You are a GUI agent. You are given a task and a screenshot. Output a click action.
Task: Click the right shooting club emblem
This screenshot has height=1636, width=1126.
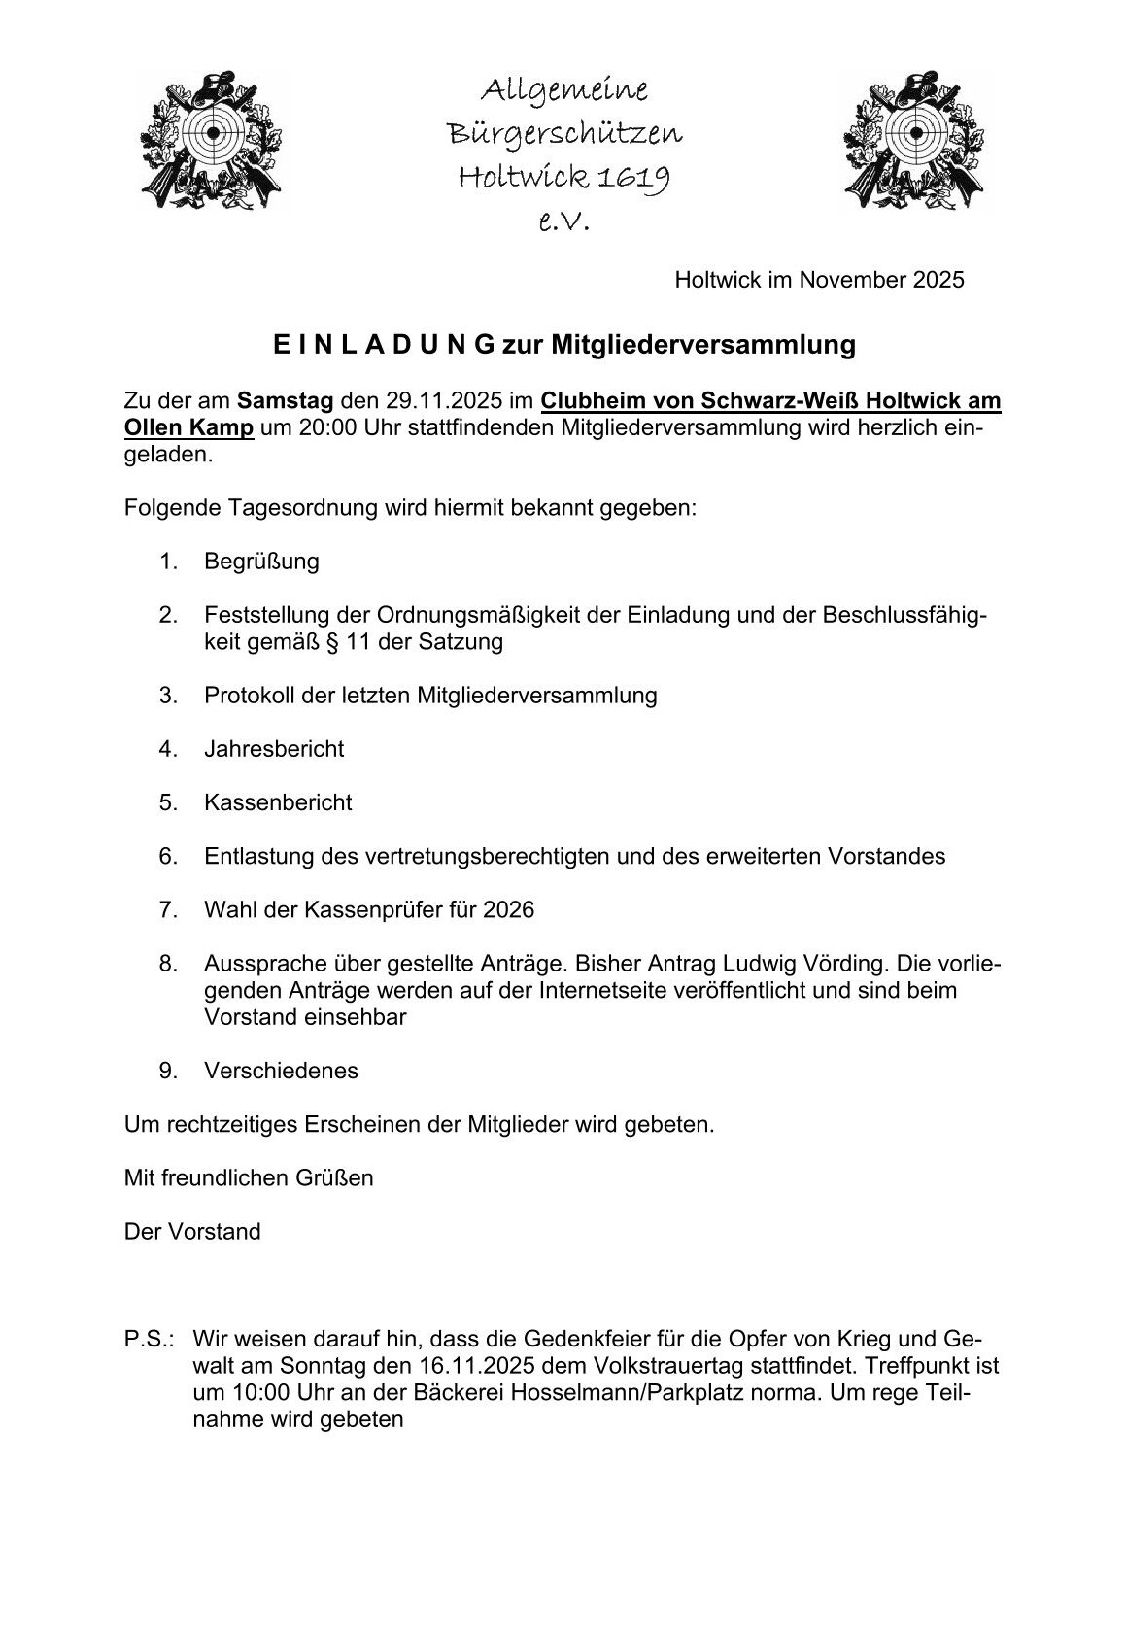pos(914,140)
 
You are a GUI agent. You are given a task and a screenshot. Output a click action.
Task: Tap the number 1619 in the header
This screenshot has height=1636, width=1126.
pos(632,177)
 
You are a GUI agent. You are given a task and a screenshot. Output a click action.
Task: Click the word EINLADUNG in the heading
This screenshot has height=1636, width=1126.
pos(383,345)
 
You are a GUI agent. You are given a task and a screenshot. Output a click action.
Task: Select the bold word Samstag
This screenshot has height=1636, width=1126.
pos(286,401)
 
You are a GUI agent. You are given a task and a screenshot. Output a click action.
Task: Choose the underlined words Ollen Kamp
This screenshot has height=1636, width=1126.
pos(189,427)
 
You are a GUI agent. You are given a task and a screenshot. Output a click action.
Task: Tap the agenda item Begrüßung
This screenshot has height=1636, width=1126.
pos(261,562)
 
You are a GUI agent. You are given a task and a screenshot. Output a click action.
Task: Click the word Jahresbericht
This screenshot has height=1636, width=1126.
pos(274,749)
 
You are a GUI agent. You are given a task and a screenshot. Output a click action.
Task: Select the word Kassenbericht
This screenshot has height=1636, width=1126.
pos(278,802)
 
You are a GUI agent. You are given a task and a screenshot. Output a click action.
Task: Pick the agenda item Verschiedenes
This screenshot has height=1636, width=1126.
pos(281,1071)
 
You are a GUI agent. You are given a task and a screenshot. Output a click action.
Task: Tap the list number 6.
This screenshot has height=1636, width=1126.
pos(168,857)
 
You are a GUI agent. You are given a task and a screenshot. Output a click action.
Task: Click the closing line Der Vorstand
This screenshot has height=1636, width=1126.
pos(192,1232)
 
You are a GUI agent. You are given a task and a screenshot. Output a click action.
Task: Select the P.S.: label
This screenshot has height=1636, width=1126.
pos(149,1339)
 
